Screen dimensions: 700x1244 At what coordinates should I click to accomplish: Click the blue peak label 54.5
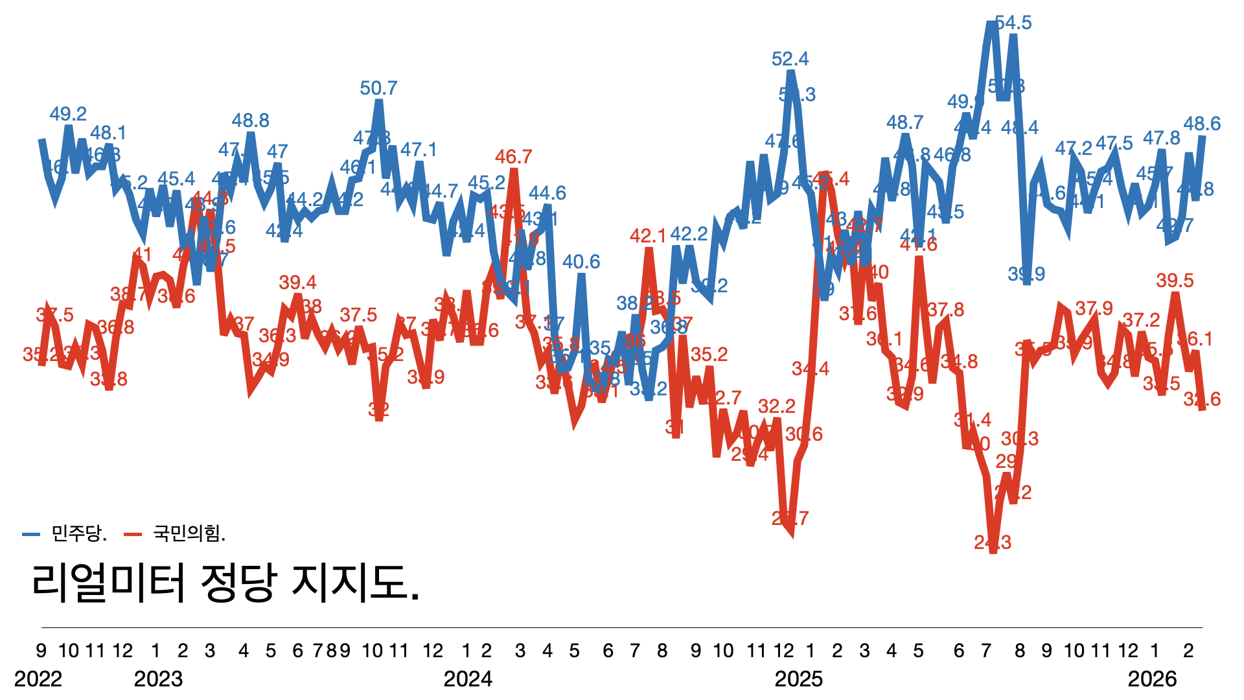(1013, 23)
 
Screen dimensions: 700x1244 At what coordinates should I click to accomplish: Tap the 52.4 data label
(790, 60)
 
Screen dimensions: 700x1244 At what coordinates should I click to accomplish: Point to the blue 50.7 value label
(378, 88)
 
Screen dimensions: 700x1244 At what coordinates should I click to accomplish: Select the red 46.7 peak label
(513, 157)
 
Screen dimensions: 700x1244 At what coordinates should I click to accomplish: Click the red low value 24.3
(993, 542)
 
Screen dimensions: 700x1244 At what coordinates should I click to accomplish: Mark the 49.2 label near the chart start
(68, 115)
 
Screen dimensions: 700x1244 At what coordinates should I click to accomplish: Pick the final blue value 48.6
(1202, 124)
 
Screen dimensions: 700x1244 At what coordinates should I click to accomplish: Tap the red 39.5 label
(1175, 281)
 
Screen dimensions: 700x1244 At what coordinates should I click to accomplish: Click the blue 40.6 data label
(581, 262)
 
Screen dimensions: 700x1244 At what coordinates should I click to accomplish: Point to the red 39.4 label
(297, 283)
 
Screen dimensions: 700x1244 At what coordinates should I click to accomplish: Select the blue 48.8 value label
(251, 121)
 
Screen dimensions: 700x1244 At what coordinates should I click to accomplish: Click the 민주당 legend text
(78, 533)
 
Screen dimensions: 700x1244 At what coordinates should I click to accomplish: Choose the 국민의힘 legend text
(188, 533)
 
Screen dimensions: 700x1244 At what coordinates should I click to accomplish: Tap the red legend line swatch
(133, 535)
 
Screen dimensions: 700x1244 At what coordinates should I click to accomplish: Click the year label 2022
(38, 679)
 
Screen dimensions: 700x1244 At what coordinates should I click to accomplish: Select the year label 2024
(468, 679)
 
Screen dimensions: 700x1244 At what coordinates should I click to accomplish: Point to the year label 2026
(1152, 679)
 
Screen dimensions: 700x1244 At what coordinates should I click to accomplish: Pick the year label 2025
(799, 679)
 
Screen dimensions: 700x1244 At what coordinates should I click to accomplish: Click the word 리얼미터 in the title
(109, 581)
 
